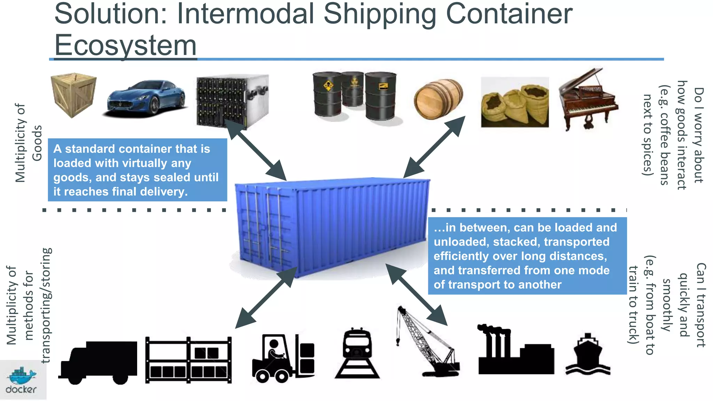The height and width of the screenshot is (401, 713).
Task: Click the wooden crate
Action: pos(73,95)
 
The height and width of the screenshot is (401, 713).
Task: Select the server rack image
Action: pos(232,101)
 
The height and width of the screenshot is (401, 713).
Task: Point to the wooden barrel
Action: pos(438,100)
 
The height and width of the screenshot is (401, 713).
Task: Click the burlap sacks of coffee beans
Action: pos(515,103)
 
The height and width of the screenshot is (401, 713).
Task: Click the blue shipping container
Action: pos(331,226)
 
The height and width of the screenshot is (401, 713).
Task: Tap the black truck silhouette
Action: pos(99,362)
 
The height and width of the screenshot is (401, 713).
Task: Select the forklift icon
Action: pos(283,358)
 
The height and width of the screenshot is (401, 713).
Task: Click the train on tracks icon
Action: pos(357,353)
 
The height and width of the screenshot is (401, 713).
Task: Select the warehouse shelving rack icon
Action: pos(188,360)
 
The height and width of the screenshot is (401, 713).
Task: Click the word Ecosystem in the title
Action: pos(125,45)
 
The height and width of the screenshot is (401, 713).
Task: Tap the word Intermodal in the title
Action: pos(245,14)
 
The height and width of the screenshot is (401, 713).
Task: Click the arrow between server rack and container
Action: pos(256,150)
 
